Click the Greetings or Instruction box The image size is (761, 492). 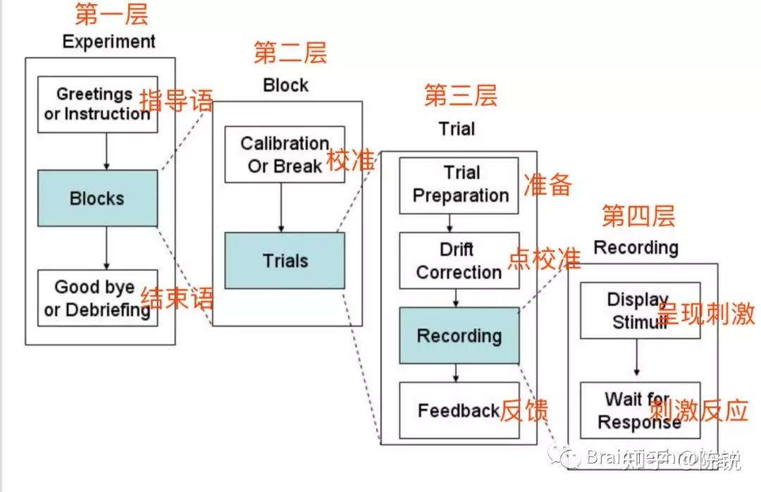pyautogui.click(x=97, y=104)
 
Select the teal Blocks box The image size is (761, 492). pyautogui.click(x=97, y=198)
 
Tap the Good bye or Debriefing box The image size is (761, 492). pyautogui.click(x=97, y=297)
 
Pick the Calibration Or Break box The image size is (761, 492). pyautogui.click(x=285, y=154)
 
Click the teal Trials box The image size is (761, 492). pyautogui.click(x=285, y=261)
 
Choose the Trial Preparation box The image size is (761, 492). pyautogui.click(x=459, y=185)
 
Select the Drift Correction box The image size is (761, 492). pyautogui.click(x=459, y=260)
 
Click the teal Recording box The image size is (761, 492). pyautogui.click(x=459, y=336)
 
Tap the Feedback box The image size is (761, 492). pyautogui.click(x=459, y=410)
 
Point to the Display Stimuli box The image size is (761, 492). pyautogui.click(x=638, y=311)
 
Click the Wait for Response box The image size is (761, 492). pyautogui.click(x=638, y=410)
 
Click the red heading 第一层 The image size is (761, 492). pyautogui.click(x=111, y=15)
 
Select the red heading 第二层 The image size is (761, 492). pyautogui.click(x=290, y=54)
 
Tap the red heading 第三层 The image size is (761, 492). pyautogui.click(x=460, y=96)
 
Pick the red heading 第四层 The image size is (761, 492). pyautogui.click(x=638, y=216)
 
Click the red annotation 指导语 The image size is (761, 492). pyautogui.click(x=176, y=101)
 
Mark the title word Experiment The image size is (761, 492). pyautogui.click(x=109, y=42)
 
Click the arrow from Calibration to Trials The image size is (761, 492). pyautogui.click(x=281, y=208)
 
